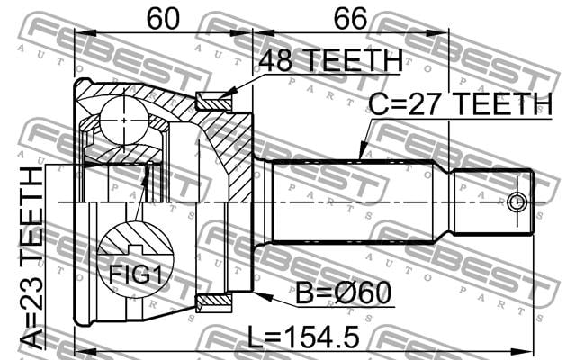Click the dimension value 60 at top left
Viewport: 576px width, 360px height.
coord(163,19)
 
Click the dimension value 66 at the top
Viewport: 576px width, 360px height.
coord(350,19)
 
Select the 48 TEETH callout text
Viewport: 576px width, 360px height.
coord(330,60)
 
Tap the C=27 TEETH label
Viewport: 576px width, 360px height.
coord(460,104)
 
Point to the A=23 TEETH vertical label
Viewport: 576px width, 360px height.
coord(31,258)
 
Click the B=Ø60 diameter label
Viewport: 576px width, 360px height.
coord(344,292)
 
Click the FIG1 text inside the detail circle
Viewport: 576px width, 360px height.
coord(136,274)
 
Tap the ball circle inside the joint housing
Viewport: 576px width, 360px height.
coord(124,120)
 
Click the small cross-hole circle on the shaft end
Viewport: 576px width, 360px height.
coord(517,202)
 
